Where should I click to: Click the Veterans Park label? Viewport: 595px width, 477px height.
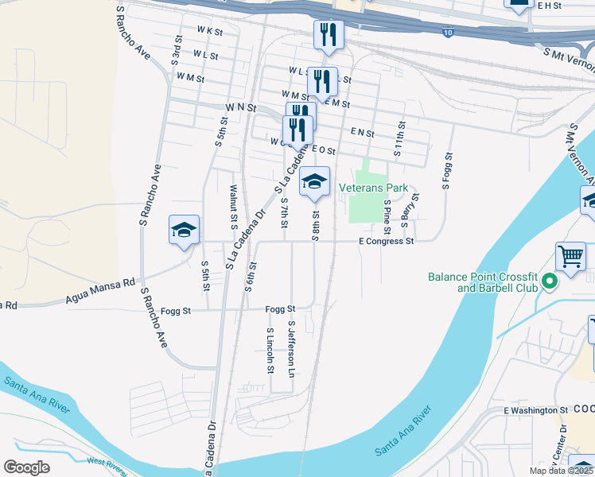tap(373, 188)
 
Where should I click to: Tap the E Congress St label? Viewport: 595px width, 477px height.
tap(387, 241)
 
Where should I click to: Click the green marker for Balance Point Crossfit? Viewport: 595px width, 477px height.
tap(548, 281)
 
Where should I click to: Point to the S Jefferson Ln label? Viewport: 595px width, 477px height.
tap(292, 349)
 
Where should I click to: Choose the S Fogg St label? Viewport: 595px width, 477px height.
tap(446, 169)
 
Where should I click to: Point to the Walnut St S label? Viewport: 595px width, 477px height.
tap(234, 206)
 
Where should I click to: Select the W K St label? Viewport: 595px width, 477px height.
tap(209, 30)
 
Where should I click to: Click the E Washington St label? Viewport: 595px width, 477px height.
tap(536, 410)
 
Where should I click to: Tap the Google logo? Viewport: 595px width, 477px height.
tap(26, 467)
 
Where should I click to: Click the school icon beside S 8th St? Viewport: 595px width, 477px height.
tap(314, 182)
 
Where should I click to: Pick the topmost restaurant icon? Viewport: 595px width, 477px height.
tap(327, 34)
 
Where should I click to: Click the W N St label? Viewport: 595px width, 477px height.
tap(240, 107)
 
